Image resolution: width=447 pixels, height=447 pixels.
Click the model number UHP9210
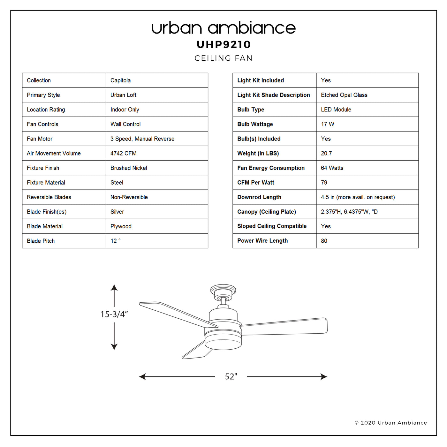pos(223,44)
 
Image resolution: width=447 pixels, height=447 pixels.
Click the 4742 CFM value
pos(124,153)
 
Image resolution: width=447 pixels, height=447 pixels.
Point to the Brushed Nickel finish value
pos(129,168)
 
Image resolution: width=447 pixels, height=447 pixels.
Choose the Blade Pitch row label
pos(41,241)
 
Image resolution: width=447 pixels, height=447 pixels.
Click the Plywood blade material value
pos(121,226)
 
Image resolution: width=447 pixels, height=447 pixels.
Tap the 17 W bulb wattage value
pos(327,124)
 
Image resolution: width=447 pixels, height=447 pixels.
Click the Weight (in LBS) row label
pos(258,153)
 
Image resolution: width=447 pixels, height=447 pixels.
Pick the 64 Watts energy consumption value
pos(332,168)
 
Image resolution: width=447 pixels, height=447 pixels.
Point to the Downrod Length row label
pos(259,197)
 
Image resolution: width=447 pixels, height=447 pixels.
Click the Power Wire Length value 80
pos(324,241)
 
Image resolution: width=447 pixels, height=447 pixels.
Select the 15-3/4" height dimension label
pos(114,314)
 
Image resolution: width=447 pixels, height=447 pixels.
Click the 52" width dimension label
pos(231,376)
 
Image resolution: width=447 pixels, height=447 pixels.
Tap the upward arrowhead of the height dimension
pos(114,288)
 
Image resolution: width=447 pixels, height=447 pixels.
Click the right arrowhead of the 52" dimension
pos(324,376)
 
